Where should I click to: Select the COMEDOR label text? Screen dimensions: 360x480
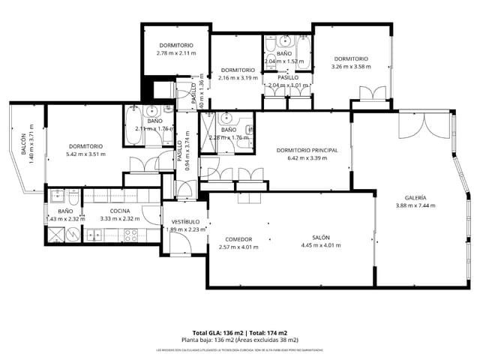click(238, 239)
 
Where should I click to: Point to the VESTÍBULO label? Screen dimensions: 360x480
click(185, 222)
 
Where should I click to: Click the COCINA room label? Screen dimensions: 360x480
click(120, 211)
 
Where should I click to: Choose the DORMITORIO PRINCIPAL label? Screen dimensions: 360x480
click(307, 150)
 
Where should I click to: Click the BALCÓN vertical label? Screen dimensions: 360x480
click(23, 142)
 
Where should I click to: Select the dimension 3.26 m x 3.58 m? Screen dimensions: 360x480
click(351, 67)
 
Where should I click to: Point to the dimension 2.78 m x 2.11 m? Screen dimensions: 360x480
click(176, 53)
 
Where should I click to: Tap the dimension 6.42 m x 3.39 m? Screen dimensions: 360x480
click(307, 158)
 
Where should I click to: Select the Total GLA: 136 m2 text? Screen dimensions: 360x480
click(217, 332)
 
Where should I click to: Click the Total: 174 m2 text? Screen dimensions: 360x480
click(268, 332)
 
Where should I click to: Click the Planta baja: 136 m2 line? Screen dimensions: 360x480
click(240, 340)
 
